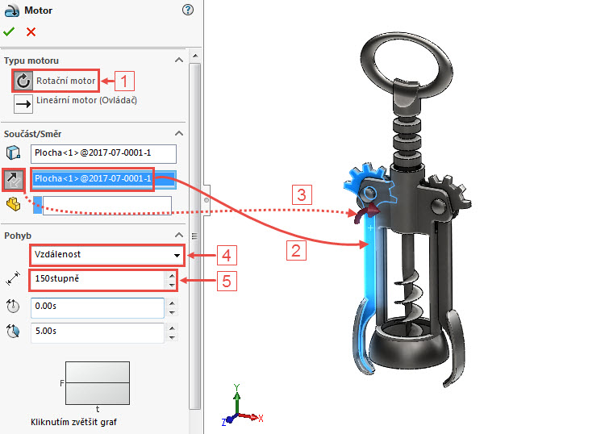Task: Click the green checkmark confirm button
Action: pos(9,31)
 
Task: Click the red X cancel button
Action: pos(31,31)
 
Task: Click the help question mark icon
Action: pos(189,10)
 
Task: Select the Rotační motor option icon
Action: pos(23,81)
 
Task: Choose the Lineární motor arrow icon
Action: pos(23,102)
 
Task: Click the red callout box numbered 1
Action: pos(125,81)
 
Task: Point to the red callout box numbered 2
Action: pos(297,250)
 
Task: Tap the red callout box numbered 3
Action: pos(300,194)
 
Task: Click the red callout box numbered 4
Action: pos(227,256)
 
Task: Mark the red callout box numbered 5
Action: pos(227,283)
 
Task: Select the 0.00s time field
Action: pos(97,307)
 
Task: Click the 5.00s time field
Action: pos(97,332)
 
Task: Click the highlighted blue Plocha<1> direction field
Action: pos(92,178)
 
